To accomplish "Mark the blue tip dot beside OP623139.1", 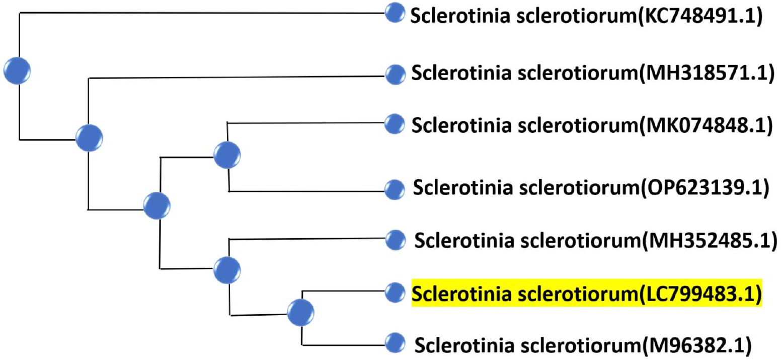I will click(395, 190).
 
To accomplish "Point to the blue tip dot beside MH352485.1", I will click(395, 240).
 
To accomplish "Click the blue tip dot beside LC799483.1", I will click(395, 291).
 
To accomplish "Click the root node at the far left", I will click(17, 69).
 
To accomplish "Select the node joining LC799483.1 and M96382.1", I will click(301, 313).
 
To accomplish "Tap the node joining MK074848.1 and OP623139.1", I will click(227, 154).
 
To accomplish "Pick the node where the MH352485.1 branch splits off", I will click(227, 270).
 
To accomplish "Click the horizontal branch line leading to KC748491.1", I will click(201, 14).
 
